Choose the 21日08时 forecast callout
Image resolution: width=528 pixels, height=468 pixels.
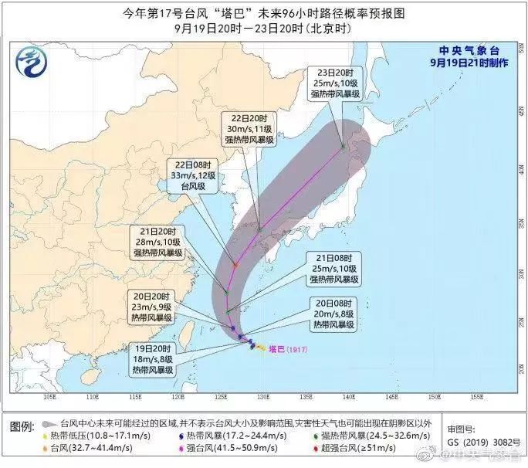coord(331,267)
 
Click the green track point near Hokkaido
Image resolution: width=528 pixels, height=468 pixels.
coord(343,145)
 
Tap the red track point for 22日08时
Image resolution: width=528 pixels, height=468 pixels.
coord(235,265)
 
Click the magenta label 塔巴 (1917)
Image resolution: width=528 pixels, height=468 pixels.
coord(288,350)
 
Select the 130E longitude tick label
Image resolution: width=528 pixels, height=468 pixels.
coord(263,397)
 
